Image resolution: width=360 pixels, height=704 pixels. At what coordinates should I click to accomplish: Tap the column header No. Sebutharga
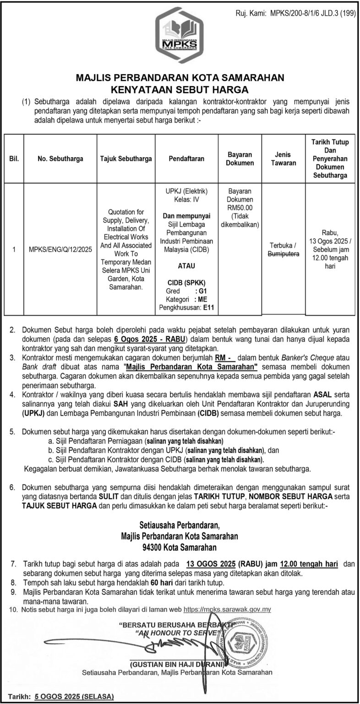61,159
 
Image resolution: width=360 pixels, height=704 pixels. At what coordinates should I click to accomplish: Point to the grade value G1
201,291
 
